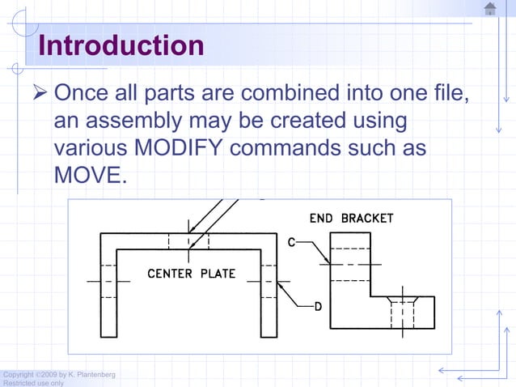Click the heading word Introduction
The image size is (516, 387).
click(x=121, y=45)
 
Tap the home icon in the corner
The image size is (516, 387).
click(x=489, y=9)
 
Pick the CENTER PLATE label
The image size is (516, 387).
click(x=191, y=274)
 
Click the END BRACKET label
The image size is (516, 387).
click(x=352, y=219)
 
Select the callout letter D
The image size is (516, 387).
click(x=318, y=306)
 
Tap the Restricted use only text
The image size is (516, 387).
click(x=32, y=383)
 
